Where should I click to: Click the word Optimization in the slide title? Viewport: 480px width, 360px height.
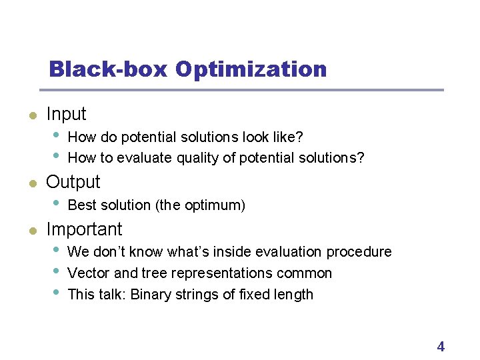[251, 69]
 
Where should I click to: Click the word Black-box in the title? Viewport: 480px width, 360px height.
[107, 69]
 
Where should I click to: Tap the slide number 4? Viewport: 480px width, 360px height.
[440, 346]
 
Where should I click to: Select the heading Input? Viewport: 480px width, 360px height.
[66, 115]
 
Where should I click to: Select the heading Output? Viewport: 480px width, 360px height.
[73, 182]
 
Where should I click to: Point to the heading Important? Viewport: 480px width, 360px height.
[84, 229]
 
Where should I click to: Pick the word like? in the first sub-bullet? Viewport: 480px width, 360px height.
[287, 137]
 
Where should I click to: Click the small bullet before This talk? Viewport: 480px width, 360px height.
[57, 293]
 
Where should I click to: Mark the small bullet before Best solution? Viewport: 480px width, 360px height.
[57, 203]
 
